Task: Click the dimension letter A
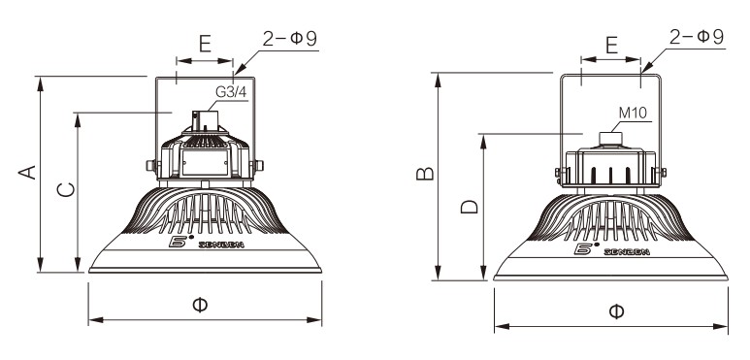[27, 173]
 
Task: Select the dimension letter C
[66, 190]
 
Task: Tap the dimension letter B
[425, 174]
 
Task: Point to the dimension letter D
[470, 207]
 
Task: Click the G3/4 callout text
[231, 92]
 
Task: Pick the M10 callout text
[633, 113]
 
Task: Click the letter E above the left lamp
[205, 44]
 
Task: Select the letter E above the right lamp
[612, 45]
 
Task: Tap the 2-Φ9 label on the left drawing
[289, 39]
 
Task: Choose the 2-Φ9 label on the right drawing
[697, 37]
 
